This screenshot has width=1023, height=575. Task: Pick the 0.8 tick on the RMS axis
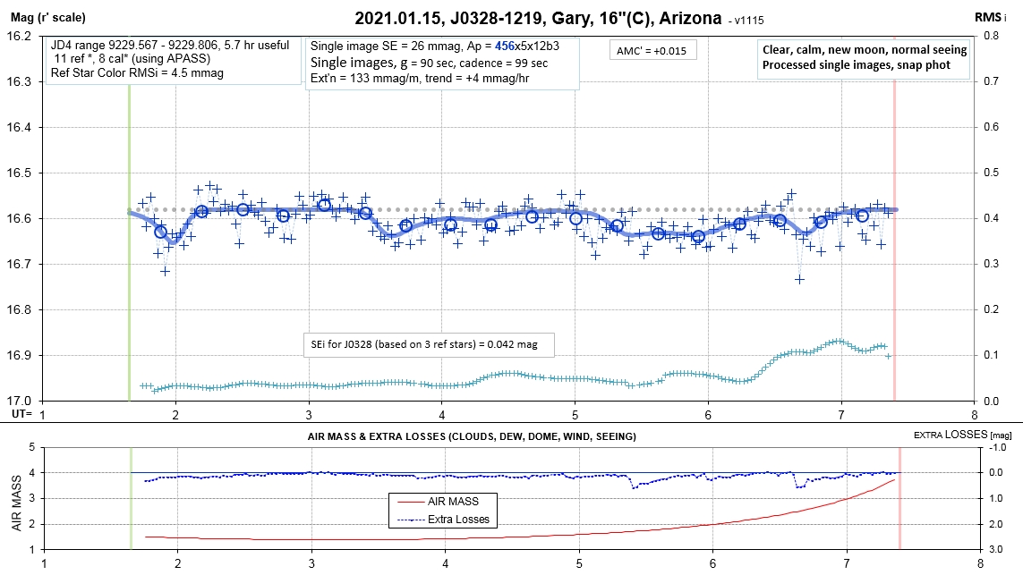(991, 37)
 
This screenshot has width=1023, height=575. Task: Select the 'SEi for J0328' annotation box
(430, 344)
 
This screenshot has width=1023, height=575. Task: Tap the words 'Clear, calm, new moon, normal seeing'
(864, 50)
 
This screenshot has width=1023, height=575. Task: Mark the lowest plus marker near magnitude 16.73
(799, 279)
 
